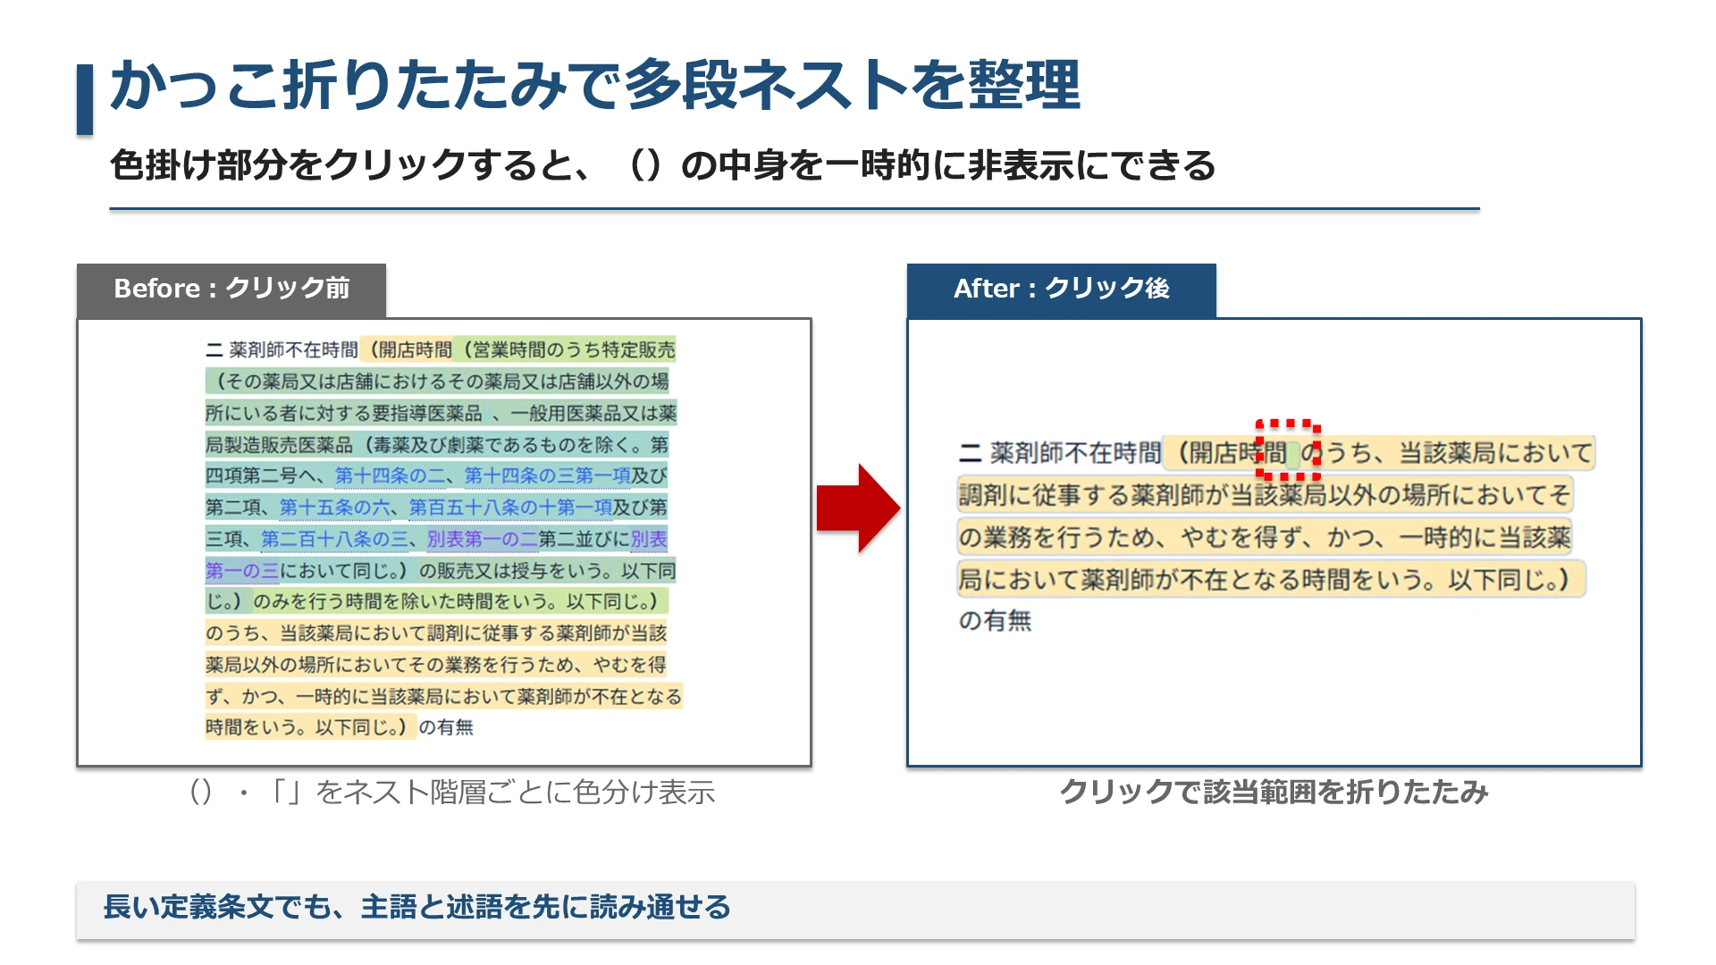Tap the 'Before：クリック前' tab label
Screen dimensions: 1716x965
point(231,289)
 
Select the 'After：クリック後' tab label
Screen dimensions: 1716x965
point(1061,289)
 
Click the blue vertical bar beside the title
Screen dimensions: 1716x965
point(85,99)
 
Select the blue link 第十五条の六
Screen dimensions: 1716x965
point(335,508)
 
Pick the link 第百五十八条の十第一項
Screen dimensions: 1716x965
point(511,508)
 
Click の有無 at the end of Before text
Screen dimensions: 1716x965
point(446,727)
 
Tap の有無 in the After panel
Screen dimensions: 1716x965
point(995,620)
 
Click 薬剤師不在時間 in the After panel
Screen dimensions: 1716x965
point(1075,453)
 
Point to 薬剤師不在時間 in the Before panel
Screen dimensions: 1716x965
point(293,349)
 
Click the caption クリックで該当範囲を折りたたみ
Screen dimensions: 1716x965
point(1274,792)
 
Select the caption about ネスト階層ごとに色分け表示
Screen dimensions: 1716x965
point(451,792)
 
